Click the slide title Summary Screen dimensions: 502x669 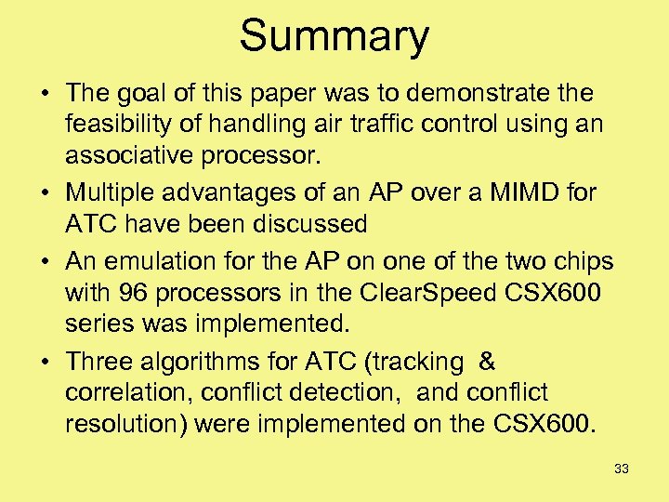[334, 37]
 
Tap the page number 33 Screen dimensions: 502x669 [622, 469]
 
